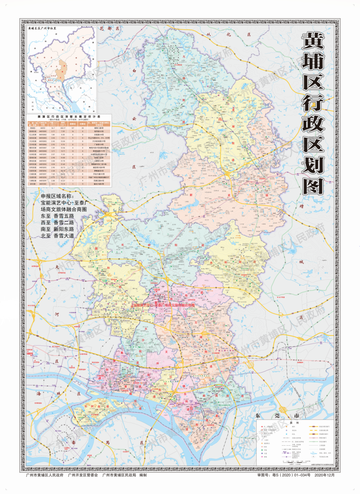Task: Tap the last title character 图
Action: tap(313, 186)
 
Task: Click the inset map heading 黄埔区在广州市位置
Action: tap(42, 29)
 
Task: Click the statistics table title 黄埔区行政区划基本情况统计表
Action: tap(69, 117)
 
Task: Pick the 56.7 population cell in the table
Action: tap(53, 128)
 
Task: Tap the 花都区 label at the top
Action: tap(109, 29)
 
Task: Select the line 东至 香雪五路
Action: tap(57, 216)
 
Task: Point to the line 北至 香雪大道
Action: tap(57, 235)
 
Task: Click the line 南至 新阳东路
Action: tap(57, 229)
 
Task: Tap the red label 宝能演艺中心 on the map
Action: tap(143, 305)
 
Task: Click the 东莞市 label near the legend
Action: tap(277, 416)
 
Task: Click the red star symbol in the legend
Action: tap(262, 427)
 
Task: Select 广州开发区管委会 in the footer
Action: tap(83, 475)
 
